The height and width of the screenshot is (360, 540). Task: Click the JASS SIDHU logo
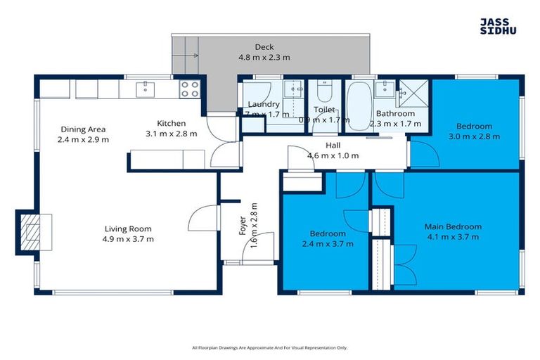tap(499, 26)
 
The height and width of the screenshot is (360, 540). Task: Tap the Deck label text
tap(264, 47)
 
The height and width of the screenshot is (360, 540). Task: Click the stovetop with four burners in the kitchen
tap(189, 89)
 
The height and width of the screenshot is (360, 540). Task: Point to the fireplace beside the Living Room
tap(30, 230)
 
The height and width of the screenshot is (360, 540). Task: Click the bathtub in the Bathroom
tap(359, 105)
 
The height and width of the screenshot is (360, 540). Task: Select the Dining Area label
tap(83, 129)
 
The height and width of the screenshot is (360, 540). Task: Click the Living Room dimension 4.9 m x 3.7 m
tap(129, 239)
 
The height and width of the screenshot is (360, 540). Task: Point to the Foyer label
tap(243, 224)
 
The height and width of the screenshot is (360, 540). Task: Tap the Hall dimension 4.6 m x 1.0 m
tap(333, 155)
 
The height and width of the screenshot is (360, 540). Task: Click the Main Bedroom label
tap(453, 226)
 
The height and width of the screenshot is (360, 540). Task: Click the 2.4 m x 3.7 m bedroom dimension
tap(328, 243)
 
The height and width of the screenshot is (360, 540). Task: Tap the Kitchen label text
tap(171, 124)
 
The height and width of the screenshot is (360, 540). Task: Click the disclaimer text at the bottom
tap(269, 347)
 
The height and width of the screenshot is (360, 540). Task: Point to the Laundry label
tap(264, 105)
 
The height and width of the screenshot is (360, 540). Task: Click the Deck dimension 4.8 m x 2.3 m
tap(264, 58)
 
